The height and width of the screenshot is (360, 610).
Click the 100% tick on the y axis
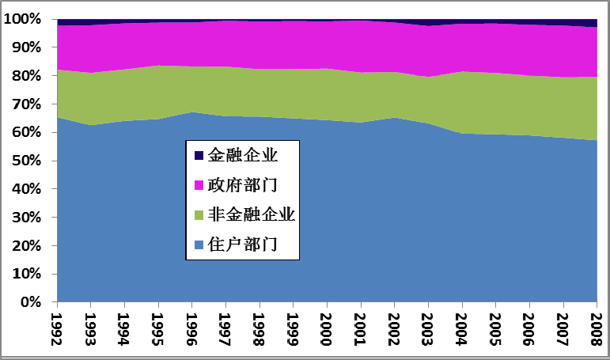[x=26, y=19]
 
